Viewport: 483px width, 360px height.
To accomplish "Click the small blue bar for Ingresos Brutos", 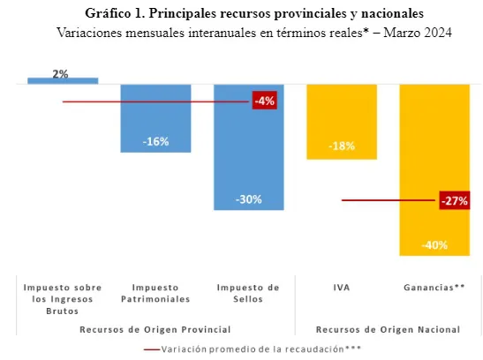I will [x=63, y=80].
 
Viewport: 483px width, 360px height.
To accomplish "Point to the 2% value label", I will [x=61, y=73].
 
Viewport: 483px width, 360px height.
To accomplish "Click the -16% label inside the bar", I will [x=155, y=141].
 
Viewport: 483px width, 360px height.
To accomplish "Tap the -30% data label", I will [x=248, y=199].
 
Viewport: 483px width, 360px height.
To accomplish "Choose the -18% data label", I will [x=341, y=147].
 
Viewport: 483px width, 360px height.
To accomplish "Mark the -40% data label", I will [x=434, y=244].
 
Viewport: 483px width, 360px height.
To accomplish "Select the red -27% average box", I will [x=453, y=201].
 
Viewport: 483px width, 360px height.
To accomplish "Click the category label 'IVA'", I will [x=341, y=288].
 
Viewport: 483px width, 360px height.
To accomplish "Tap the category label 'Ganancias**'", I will [x=434, y=288].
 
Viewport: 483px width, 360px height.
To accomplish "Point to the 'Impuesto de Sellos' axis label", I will [x=248, y=294].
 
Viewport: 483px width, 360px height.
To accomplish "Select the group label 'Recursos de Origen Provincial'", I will [x=155, y=329].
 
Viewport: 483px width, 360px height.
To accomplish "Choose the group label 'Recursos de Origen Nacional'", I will [x=388, y=329].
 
